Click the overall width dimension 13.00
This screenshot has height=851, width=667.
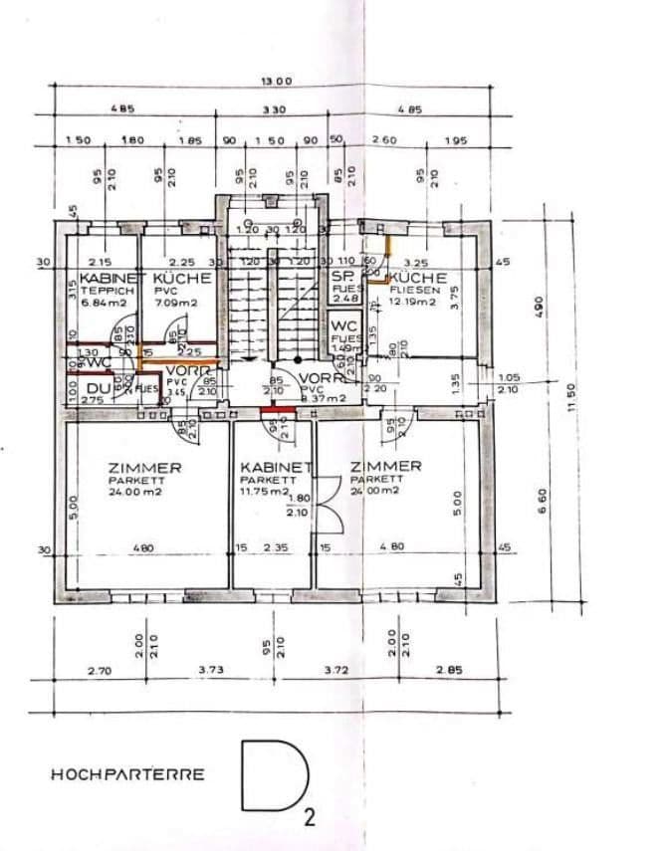(x=276, y=81)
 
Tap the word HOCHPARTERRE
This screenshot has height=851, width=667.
(x=128, y=773)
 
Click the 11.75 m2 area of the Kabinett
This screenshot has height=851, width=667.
(x=264, y=492)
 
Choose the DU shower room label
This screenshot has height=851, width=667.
(x=97, y=388)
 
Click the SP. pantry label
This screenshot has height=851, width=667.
(x=343, y=275)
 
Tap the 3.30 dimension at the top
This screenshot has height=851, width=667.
(x=273, y=110)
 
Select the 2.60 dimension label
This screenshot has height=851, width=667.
(x=383, y=141)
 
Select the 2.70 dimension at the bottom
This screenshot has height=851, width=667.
(x=98, y=672)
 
